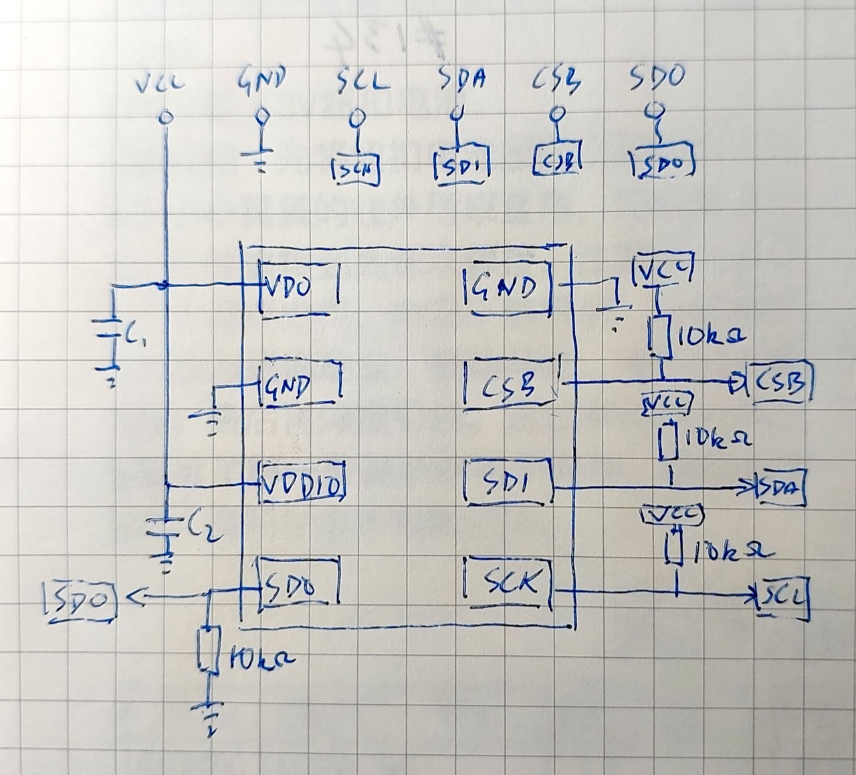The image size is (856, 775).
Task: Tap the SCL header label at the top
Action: tap(361, 82)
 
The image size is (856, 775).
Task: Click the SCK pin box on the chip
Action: tap(509, 586)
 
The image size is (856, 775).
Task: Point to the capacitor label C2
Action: tap(196, 527)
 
